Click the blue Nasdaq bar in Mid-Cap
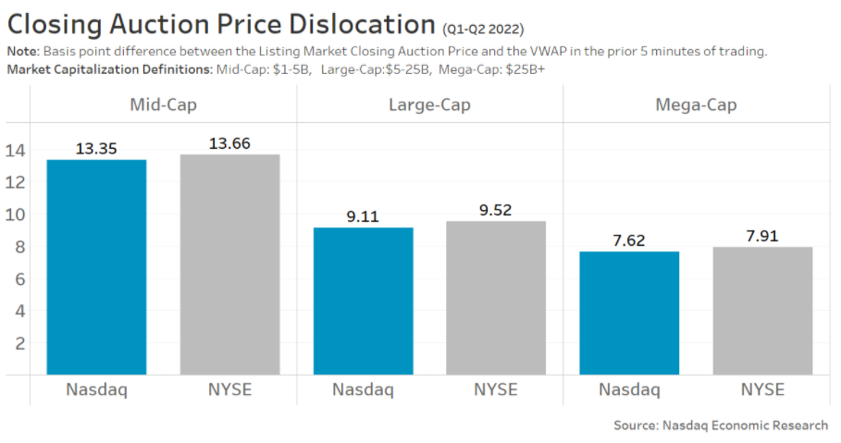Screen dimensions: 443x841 coord(96,267)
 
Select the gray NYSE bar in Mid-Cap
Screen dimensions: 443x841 coord(229,265)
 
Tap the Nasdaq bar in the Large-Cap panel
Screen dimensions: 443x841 coord(363,301)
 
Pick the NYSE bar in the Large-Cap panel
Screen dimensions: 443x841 coord(496,298)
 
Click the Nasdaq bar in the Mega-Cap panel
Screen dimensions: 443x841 coord(629,313)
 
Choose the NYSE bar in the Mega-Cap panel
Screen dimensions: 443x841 coord(762,311)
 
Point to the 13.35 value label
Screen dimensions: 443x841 coord(96,149)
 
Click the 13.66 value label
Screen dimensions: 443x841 coord(229,143)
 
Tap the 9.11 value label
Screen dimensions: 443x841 coord(363,216)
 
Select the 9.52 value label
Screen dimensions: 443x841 coord(496,210)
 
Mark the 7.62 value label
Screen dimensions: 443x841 coord(629,240)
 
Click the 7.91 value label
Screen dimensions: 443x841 coord(762,236)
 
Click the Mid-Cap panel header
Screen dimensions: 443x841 coord(163,105)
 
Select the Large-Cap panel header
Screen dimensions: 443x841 coord(429,105)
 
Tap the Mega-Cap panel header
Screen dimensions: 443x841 coord(696,105)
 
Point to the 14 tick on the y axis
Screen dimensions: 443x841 coord(15,150)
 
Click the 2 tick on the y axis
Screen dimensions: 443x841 coord(19,343)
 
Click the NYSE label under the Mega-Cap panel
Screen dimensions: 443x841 coord(762,389)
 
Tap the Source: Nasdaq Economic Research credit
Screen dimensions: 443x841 coord(721,425)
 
